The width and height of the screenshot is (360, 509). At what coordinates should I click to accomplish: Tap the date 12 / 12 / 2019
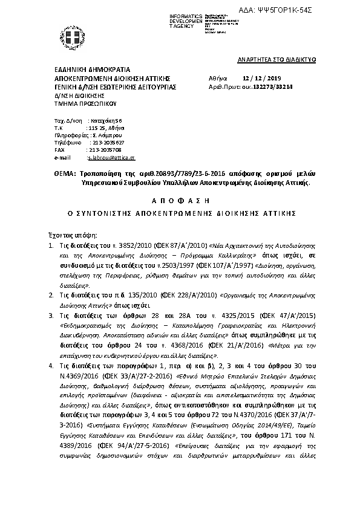(x=258, y=79)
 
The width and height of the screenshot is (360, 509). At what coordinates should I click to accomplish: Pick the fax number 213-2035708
(x=105, y=149)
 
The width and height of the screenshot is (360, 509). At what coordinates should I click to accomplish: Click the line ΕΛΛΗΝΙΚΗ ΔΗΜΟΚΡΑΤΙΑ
(x=92, y=70)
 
